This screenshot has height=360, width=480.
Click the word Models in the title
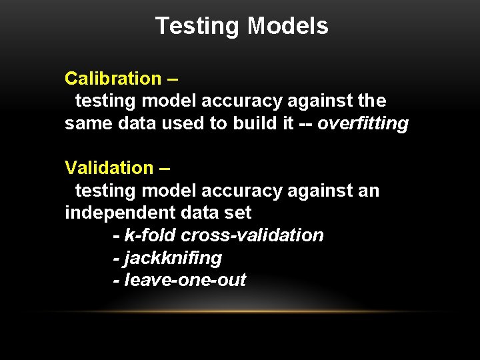[x=287, y=26]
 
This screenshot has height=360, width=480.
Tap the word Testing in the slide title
[x=198, y=26]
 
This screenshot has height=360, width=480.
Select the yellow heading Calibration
[x=113, y=79]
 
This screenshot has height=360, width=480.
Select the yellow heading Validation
[x=109, y=168]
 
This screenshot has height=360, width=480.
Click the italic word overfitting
[x=363, y=124]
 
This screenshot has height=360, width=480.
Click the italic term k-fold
[x=151, y=235]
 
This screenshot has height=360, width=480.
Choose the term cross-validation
[x=252, y=235]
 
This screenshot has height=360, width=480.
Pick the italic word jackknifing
[x=173, y=257]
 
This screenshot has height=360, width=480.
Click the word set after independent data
[x=238, y=213]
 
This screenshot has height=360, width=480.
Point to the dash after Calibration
[x=173, y=79]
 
